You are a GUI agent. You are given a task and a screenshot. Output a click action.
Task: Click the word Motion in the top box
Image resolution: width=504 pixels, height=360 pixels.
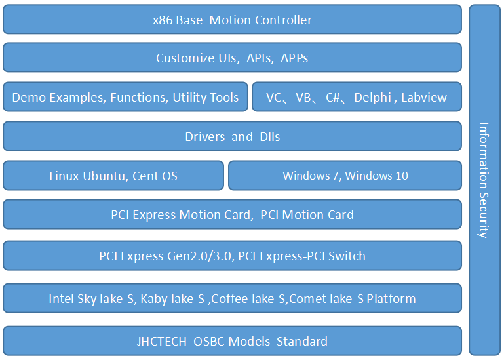point(230,20)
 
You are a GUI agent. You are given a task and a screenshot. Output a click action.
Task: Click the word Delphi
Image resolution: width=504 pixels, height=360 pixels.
point(372,97)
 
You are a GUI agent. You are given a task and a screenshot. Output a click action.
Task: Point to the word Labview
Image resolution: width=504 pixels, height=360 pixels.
point(424,97)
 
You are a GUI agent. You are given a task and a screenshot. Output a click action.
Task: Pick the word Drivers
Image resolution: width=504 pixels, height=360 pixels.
point(204,137)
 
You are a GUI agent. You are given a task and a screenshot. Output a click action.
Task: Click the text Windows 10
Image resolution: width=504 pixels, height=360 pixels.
point(376,176)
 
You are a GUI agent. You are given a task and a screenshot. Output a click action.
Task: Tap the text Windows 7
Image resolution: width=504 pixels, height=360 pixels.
point(311,176)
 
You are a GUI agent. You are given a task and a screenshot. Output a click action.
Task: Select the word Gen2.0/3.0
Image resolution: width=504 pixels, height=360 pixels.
point(199,256)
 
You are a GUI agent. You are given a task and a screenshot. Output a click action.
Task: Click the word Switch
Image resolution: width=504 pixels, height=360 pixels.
point(347,256)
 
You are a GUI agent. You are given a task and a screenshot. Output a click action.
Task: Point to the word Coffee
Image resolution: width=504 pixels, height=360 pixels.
point(230,299)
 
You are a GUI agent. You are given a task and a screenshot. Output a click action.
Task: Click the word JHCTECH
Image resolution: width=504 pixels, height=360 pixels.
point(162,342)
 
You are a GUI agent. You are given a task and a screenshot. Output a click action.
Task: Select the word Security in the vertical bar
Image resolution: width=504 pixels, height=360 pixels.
point(483,216)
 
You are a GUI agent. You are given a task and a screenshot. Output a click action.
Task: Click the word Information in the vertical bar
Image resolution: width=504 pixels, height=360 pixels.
point(484,155)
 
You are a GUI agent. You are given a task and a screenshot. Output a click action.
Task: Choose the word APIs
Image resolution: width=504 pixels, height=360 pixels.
point(259,58)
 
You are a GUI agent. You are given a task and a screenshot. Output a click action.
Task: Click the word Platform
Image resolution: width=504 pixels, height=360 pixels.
point(391,299)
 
